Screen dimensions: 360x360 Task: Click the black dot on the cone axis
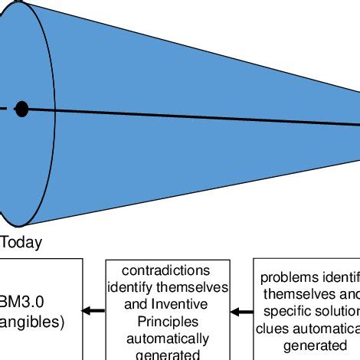21,110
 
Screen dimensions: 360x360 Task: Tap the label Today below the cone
21,243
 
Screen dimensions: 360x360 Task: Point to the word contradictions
168,271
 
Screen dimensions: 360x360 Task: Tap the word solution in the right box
339,310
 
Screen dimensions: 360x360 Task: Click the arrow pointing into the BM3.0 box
93,310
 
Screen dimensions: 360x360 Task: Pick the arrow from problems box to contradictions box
243,311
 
